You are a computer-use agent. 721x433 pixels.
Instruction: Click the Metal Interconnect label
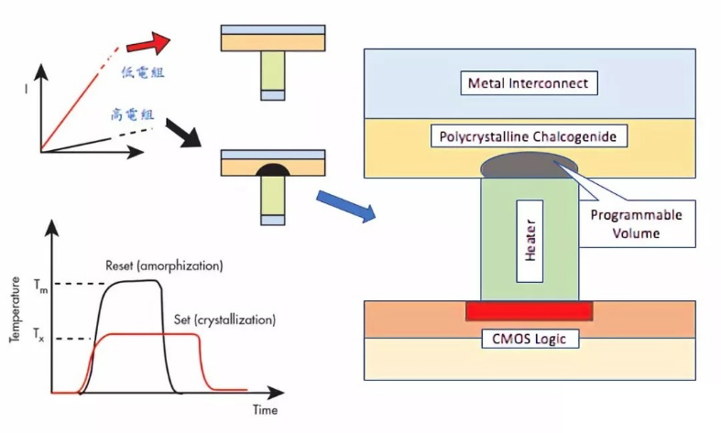point(530,84)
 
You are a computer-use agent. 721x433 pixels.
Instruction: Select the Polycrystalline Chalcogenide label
point(530,136)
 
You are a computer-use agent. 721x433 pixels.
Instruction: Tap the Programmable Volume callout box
point(635,223)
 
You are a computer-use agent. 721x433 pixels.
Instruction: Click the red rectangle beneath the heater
point(529,311)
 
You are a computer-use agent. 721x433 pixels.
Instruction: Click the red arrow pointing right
point(147,43)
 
